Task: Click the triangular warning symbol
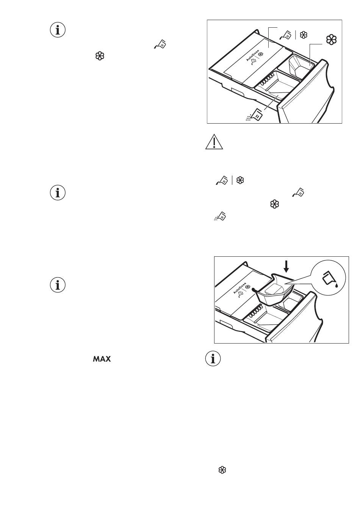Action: coord(214,142)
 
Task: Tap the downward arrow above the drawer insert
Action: coord(286,267)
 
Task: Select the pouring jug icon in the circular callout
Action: coord(329,279)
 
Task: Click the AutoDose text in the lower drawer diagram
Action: coord(239,288)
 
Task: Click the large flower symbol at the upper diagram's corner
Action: coord(331,40)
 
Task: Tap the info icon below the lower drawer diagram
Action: coord(213,359)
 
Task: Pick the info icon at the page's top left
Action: coord(58,30)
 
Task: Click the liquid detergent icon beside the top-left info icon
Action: coord(160,44)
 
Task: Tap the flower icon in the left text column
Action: coord(100,56)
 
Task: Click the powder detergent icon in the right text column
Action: coord(220,216)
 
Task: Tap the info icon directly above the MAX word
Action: coord(58,285)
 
